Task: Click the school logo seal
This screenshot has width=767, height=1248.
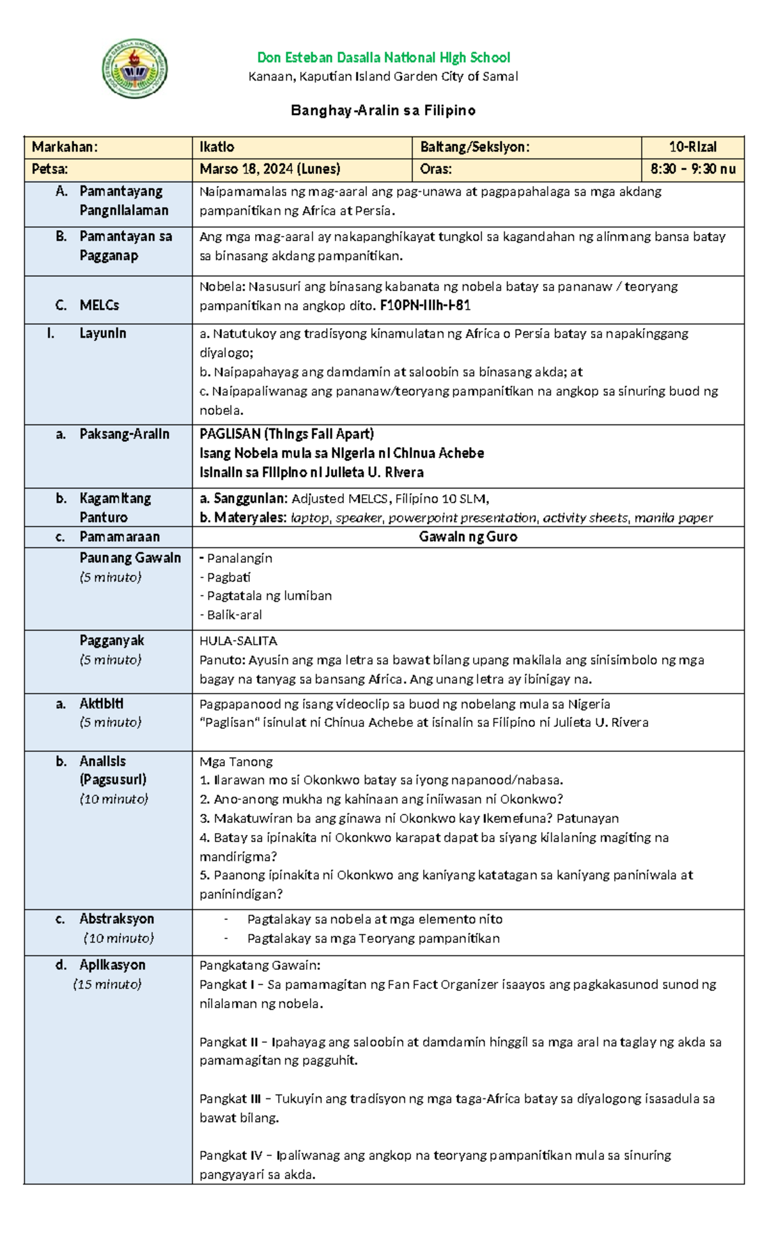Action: click(135, 68)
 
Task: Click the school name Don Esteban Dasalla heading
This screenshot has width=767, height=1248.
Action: click(383, 58)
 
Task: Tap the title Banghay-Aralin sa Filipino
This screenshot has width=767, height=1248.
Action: click(383, 111)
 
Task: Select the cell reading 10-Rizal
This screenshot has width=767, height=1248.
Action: click(692, 147)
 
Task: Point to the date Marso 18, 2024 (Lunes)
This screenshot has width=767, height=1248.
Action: click(270, 169)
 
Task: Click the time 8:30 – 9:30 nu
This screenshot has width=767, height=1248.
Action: click(693, 169)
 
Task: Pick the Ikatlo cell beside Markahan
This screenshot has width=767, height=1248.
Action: click(217, 147)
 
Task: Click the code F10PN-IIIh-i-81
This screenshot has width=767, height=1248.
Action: click(425, 306)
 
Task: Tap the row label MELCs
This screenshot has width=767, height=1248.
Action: click(99, 306)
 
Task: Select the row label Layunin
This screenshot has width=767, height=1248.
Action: click(102, 334)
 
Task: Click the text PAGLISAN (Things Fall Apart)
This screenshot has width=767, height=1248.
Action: click(286, 434)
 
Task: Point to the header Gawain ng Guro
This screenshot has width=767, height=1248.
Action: click(468, 537)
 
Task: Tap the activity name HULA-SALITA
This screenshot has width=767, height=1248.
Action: click(238, 641)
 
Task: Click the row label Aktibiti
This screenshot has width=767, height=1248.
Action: click(101, 704)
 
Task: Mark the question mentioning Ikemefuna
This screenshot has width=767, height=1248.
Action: click(409, 818)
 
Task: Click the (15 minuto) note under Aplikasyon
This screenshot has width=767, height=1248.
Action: click(107, 985)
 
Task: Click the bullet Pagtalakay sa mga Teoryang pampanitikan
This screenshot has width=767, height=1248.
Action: click(373, 939)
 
